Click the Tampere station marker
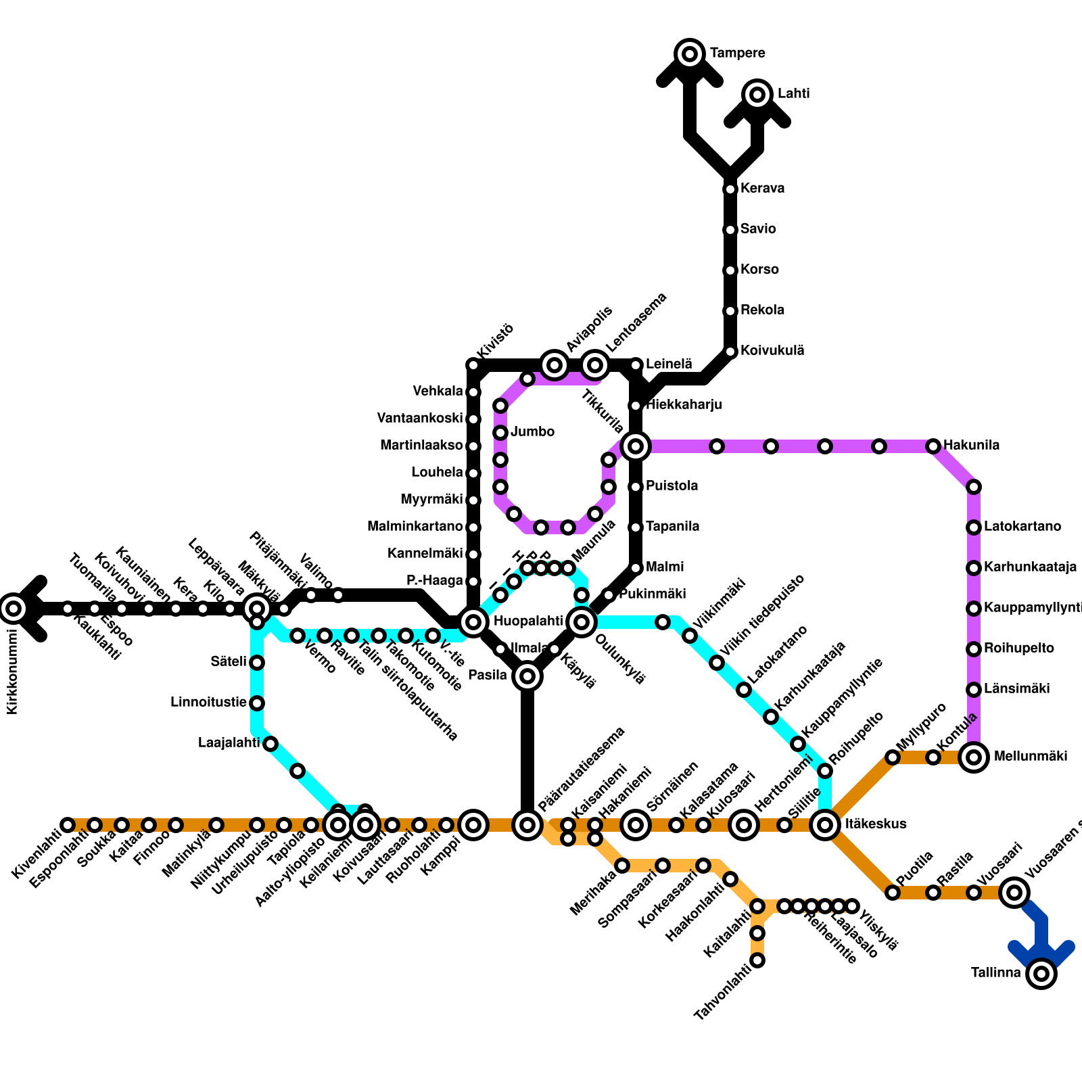pyautogui.click(x=690, y=53)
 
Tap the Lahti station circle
pyautogui.click(x=757, y=94)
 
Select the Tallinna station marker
pyautogui.click(x=1041, y=974)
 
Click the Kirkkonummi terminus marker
pyautogui.click(x=14, y=609)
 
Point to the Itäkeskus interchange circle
pyautogui.click(x=825, y=825)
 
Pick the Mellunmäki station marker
pyautogui.click(x=974, y=757)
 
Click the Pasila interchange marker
pyautogui.click(x=527, y=676)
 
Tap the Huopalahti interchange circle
pyautogui.click(x=473, y=622)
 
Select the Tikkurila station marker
pyautogui.click(x=636, y=446)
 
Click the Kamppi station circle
pyautogui.click(x=473, y=825)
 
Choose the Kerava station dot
pyautogui.click(x=730, y=189)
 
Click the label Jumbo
pyautogui.click(x=533, y=432)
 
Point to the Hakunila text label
pyautogui.click(x=971, y=446)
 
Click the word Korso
pyautogui.click(x=759, y=270)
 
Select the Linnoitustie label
pyautogui.click(x=208, y=703)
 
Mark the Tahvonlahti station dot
pyautogui.click(x=757, y=960)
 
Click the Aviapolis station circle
pyautogui.click(x=555, y=365)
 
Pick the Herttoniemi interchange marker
pyautogui.click(x=744, y=825)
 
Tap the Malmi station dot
pyautogui.click(x=636, y=568)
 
